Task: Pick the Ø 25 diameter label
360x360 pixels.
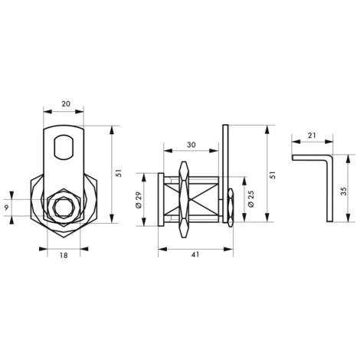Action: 250,200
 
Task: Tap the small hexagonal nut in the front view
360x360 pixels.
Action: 62,207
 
